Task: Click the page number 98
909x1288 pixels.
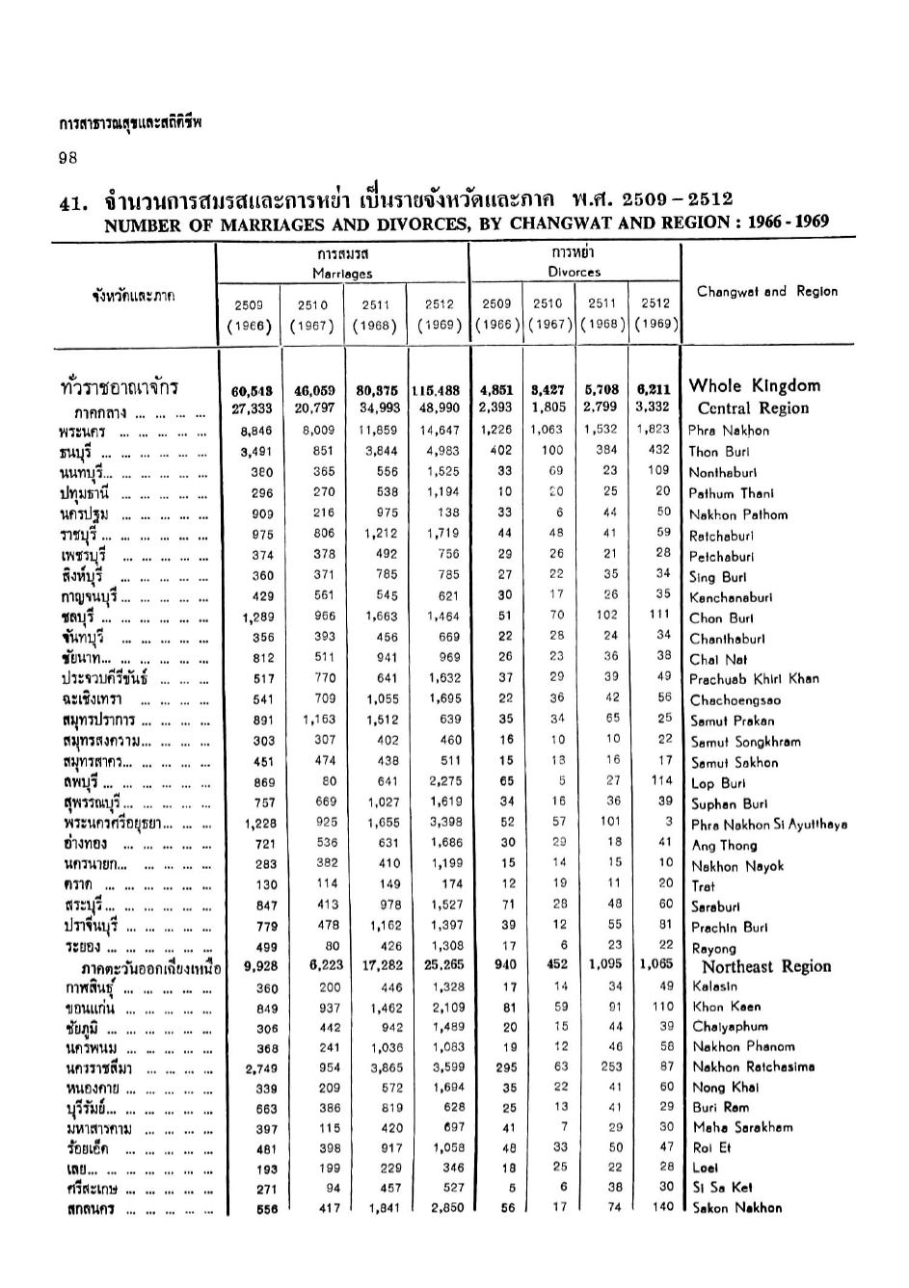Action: click(x=67, y=158)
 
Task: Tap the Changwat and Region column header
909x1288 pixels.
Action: click(x=766, y=291)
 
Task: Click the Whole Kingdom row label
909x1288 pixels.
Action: click(x=754, y=386)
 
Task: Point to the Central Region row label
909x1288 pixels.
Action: click(x=753, y=407)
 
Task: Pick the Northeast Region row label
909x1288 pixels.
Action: click(x=765, y=966)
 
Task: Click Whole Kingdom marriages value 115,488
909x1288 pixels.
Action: click(x=437, y=391)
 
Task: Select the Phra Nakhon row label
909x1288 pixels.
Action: click(x=729, y=431)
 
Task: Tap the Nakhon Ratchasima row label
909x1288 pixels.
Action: click(x=753, y=1066)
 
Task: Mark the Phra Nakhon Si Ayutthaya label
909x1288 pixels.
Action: click(x=768, y=825)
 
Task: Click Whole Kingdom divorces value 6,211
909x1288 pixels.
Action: click(x=654, y=390)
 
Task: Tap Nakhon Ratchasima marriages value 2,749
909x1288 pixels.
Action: click(x=260, y=1067)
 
